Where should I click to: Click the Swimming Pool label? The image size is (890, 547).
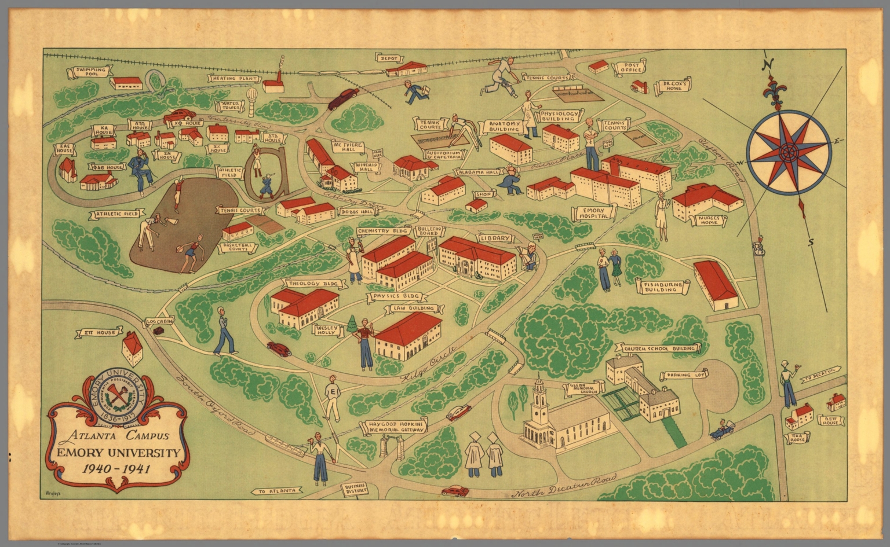(92, 72)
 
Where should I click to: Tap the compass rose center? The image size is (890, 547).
(787, 153)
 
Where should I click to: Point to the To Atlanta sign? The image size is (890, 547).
(278, 491)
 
